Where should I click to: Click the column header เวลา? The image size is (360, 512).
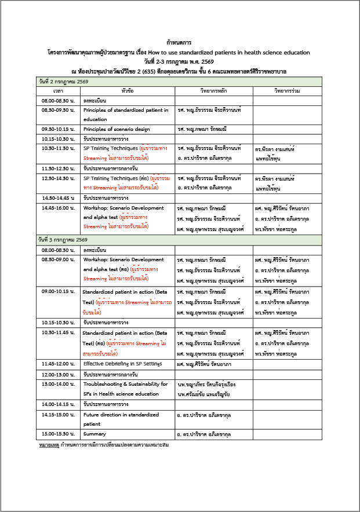click(58, 91)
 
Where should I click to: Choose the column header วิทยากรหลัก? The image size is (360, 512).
click(213, 91)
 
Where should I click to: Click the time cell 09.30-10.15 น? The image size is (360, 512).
click(58, 129)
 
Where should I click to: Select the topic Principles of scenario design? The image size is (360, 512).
click(117, 129)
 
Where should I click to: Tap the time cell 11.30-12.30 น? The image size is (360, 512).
click(58, 169)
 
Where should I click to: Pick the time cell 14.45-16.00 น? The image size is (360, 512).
click(58, 207)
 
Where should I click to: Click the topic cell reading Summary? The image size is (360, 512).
click(94, 434)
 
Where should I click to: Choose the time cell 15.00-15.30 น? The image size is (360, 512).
click(58, 434)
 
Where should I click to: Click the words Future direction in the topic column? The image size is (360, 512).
click(105, 415)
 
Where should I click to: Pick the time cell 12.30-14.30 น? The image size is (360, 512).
click(58, 178)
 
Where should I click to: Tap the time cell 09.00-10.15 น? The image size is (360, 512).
click(58, 292)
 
